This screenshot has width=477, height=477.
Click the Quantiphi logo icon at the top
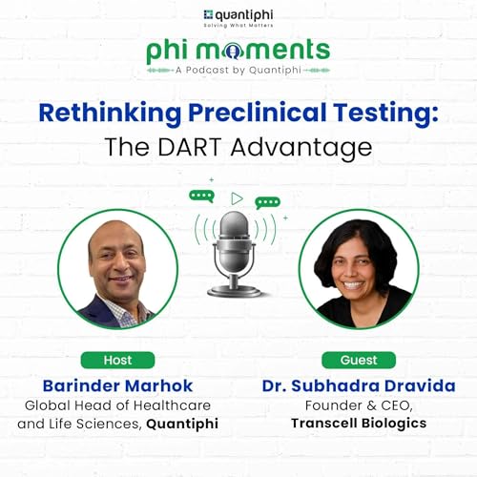tap(208, 14)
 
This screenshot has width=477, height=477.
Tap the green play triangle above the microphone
tap(237, 198)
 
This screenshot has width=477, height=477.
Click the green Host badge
tap(117, 360)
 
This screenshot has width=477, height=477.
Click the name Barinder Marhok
tap(117, 385)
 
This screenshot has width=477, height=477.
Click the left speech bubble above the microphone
tap(201, 196)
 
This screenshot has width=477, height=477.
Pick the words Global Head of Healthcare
tap(117, 405)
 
